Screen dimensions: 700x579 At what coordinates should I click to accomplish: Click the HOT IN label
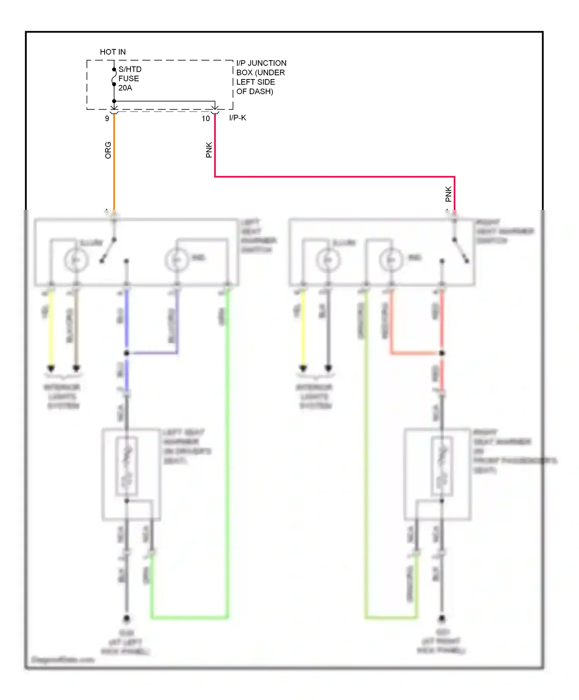click(x=113, y=52)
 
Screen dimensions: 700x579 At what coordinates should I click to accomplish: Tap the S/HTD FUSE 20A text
click(x=129, y=78)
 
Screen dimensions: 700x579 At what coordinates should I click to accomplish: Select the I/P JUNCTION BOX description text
click(x=261, y=77)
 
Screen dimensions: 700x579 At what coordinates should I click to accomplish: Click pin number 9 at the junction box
click(x=107, y=118)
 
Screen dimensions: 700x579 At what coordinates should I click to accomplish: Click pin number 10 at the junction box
click(x=205, y=118)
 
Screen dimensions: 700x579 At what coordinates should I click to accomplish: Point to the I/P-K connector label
click(x=237, y=118)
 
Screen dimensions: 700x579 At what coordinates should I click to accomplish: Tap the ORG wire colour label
click(x=108, y=150)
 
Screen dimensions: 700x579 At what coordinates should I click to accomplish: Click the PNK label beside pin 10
click(x=209, y=150)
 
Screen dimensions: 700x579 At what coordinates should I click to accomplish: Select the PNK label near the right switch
click(x=448, y=194)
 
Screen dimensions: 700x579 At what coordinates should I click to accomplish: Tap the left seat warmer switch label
click(x=258, y=236)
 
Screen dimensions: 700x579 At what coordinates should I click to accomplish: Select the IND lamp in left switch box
click(x=176, y=260)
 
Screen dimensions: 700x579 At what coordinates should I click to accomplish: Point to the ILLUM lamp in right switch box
click(x=328, y=260)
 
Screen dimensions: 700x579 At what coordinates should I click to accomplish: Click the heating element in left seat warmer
click(x=127, y=465)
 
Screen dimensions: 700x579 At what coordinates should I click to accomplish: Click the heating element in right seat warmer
click(x=442, y=465)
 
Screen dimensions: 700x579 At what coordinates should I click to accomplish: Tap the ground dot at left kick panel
click(x=126, y=619)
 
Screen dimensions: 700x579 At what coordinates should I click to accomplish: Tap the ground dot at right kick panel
click(x=442, y=618)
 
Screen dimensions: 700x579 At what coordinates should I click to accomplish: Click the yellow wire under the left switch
click(x=51, y=328)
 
